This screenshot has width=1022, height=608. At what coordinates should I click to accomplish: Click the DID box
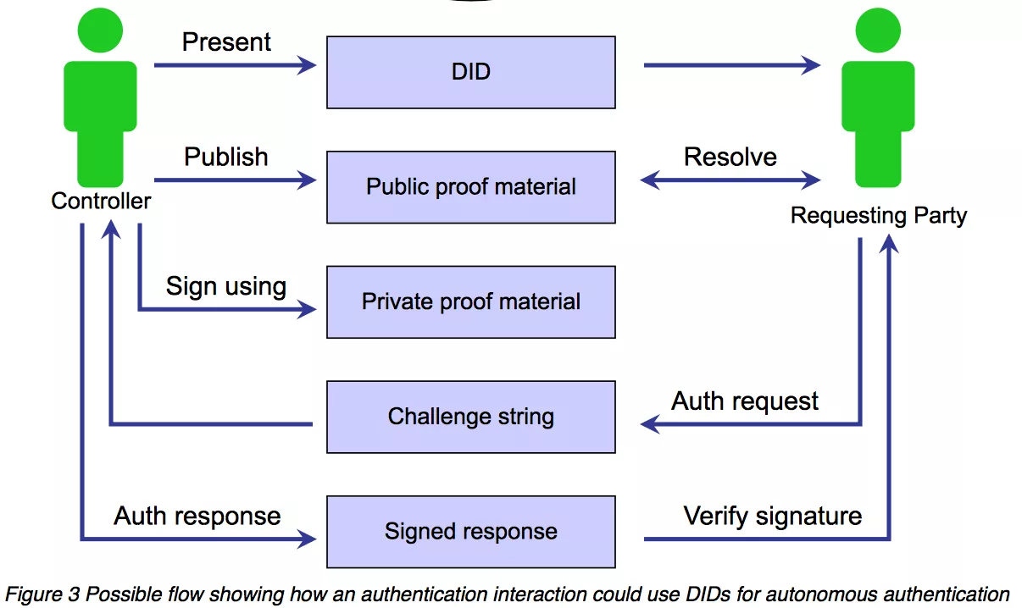tap(471, 72)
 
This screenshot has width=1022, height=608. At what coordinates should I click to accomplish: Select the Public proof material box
tap(471, 187)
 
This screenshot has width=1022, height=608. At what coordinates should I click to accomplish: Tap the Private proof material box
tap(471, 302)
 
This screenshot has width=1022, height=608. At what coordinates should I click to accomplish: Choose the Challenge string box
tap(471, 417)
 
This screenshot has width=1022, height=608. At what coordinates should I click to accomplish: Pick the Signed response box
tap(471, 532)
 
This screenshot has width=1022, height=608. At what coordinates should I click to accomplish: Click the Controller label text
tap(101, 201)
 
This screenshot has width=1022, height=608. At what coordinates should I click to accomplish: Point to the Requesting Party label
tap(878, 215)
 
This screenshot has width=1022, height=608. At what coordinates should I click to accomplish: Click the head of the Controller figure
tap(101, 32)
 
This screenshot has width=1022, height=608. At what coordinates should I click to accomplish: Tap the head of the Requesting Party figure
tap(878, 32)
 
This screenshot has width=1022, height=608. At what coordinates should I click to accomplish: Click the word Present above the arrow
tap(226, 42)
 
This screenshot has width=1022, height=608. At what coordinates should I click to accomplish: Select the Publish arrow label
tap(226, 157)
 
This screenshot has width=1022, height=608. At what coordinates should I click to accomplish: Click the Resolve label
tap(730, 157)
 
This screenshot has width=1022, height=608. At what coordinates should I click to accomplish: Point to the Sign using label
tap(225, 286)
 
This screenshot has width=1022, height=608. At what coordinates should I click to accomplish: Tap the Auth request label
tap(745, 401)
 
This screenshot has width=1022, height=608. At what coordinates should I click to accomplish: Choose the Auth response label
tap(197, 516)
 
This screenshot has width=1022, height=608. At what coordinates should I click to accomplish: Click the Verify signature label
tap(773, 516)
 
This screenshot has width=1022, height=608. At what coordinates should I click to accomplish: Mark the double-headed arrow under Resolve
tap(730, 180)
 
